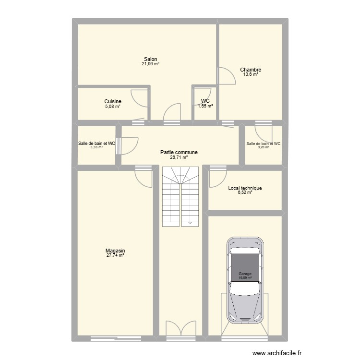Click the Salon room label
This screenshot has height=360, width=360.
click(x=150, y=59)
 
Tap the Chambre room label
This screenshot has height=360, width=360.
click(x=250, y=70)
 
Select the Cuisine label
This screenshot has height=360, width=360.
click(x=113, y=101)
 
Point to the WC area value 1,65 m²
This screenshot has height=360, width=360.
click(x=205, y=106)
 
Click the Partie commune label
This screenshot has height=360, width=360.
click(x=179, y=152)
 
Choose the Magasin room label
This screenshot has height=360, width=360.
click(x=115, y=251)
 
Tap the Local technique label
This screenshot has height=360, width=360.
click(x=245, y=188)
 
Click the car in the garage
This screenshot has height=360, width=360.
click(x=245, y=281)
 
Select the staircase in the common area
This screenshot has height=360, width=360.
click(x=180, y=197)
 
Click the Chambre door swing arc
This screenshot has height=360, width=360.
click(x=226, y=76)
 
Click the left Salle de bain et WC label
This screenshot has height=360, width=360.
click(x=97, y=143)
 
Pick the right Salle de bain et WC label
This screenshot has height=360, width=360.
click(x=263, y=143)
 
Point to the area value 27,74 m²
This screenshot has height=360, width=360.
click(x=115, y=256)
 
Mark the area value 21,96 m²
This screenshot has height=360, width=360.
click(x=150, y=64)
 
